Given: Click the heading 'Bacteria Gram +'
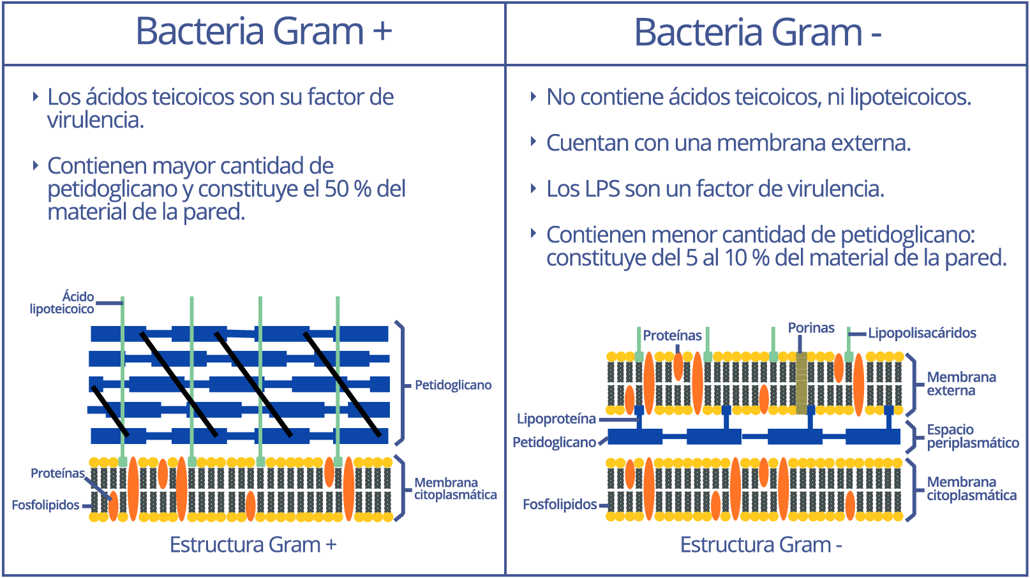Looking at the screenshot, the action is coord(264,31).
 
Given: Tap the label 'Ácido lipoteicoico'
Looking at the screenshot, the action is coord(62,302).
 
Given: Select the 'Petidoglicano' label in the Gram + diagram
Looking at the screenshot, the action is coord(453,385).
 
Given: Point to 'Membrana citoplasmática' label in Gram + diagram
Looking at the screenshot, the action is coord(455,488).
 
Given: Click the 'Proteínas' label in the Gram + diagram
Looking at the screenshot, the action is coord(58,473).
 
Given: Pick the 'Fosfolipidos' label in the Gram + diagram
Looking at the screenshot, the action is coord(45,505).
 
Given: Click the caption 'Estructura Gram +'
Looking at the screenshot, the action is coord(253,545).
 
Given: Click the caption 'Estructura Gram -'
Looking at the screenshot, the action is coord(761,545).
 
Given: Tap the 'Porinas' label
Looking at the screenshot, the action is coord(811,328).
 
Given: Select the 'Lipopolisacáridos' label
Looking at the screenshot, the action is coord(922,333).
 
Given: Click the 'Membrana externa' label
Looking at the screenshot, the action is coord(962,383).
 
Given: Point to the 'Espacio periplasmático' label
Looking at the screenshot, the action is coord(973,436).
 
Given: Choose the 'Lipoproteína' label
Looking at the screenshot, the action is coord(556,419).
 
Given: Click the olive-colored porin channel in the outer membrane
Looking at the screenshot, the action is coord(802,383).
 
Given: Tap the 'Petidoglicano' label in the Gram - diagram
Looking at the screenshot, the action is coord(554,442).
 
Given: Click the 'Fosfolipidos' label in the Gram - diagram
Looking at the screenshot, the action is coord(560,505).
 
